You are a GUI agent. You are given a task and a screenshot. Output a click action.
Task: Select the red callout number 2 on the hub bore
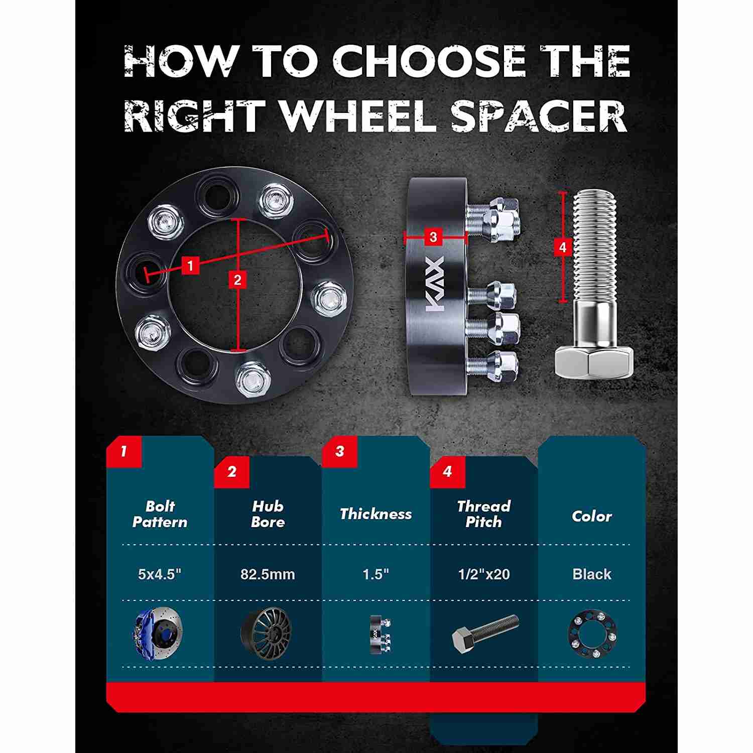click(237, 280)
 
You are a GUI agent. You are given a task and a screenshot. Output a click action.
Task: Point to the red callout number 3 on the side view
click(434, 236)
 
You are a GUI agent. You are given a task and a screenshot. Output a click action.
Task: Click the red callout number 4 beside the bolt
click(562, 247)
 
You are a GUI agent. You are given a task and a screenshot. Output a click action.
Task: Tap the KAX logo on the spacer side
click(436, 285)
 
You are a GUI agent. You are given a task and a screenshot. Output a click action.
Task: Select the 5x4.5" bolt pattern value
click(160, 574)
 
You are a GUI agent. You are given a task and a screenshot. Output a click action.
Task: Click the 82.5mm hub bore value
click(268, 574)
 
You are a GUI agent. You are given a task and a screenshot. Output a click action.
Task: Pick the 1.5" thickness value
click(376, 574)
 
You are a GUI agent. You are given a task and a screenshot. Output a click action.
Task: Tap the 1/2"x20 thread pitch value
click(484, 574)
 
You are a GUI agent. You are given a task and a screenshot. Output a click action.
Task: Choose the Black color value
click(592, 574)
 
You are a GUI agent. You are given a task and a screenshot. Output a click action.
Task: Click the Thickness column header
click(375, 514)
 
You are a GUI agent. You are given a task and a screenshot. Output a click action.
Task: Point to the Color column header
click(592, 516)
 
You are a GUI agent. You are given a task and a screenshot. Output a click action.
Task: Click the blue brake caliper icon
click(159, 633)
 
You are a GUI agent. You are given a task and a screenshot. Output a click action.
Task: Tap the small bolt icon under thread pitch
click(485, 634)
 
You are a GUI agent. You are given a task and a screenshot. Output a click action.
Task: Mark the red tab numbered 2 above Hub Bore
click(231, 472)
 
